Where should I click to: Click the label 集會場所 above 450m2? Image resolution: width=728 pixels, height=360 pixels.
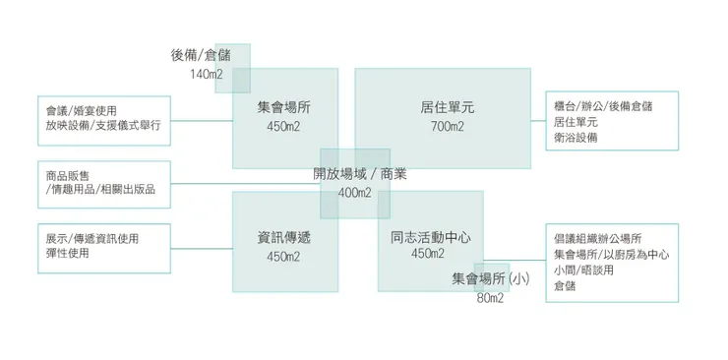click(x=284, y=107)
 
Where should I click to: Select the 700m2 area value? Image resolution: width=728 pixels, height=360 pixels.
click(x=447, y=127)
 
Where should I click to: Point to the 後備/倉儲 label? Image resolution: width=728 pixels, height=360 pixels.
click(x=201, y=56)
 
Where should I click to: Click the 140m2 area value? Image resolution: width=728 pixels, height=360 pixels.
click(x=206, y=75)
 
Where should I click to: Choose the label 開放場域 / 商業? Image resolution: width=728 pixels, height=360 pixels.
click(x=360, y=174)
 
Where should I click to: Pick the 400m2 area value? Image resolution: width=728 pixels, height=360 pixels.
click(x=355, y=193)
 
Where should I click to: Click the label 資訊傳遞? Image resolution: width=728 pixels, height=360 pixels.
click(x=284, y=238)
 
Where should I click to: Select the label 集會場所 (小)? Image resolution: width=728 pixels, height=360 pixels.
click(x=491, y=279)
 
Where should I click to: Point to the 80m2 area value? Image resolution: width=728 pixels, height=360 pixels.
click(x=490, y=298)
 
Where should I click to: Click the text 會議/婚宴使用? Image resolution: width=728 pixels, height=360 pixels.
click(x=88, y=111)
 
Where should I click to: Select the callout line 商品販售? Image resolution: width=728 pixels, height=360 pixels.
click(x=68, y=175)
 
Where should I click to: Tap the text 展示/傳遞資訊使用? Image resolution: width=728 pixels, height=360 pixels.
click(x=92, y=239)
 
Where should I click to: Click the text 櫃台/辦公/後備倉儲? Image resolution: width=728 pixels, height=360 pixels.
click(x=603, y=106)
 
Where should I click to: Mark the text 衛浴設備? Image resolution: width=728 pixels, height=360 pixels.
click(x=576, y=138)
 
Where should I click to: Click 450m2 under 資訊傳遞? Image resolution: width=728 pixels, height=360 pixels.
click(x=283, y=258)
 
